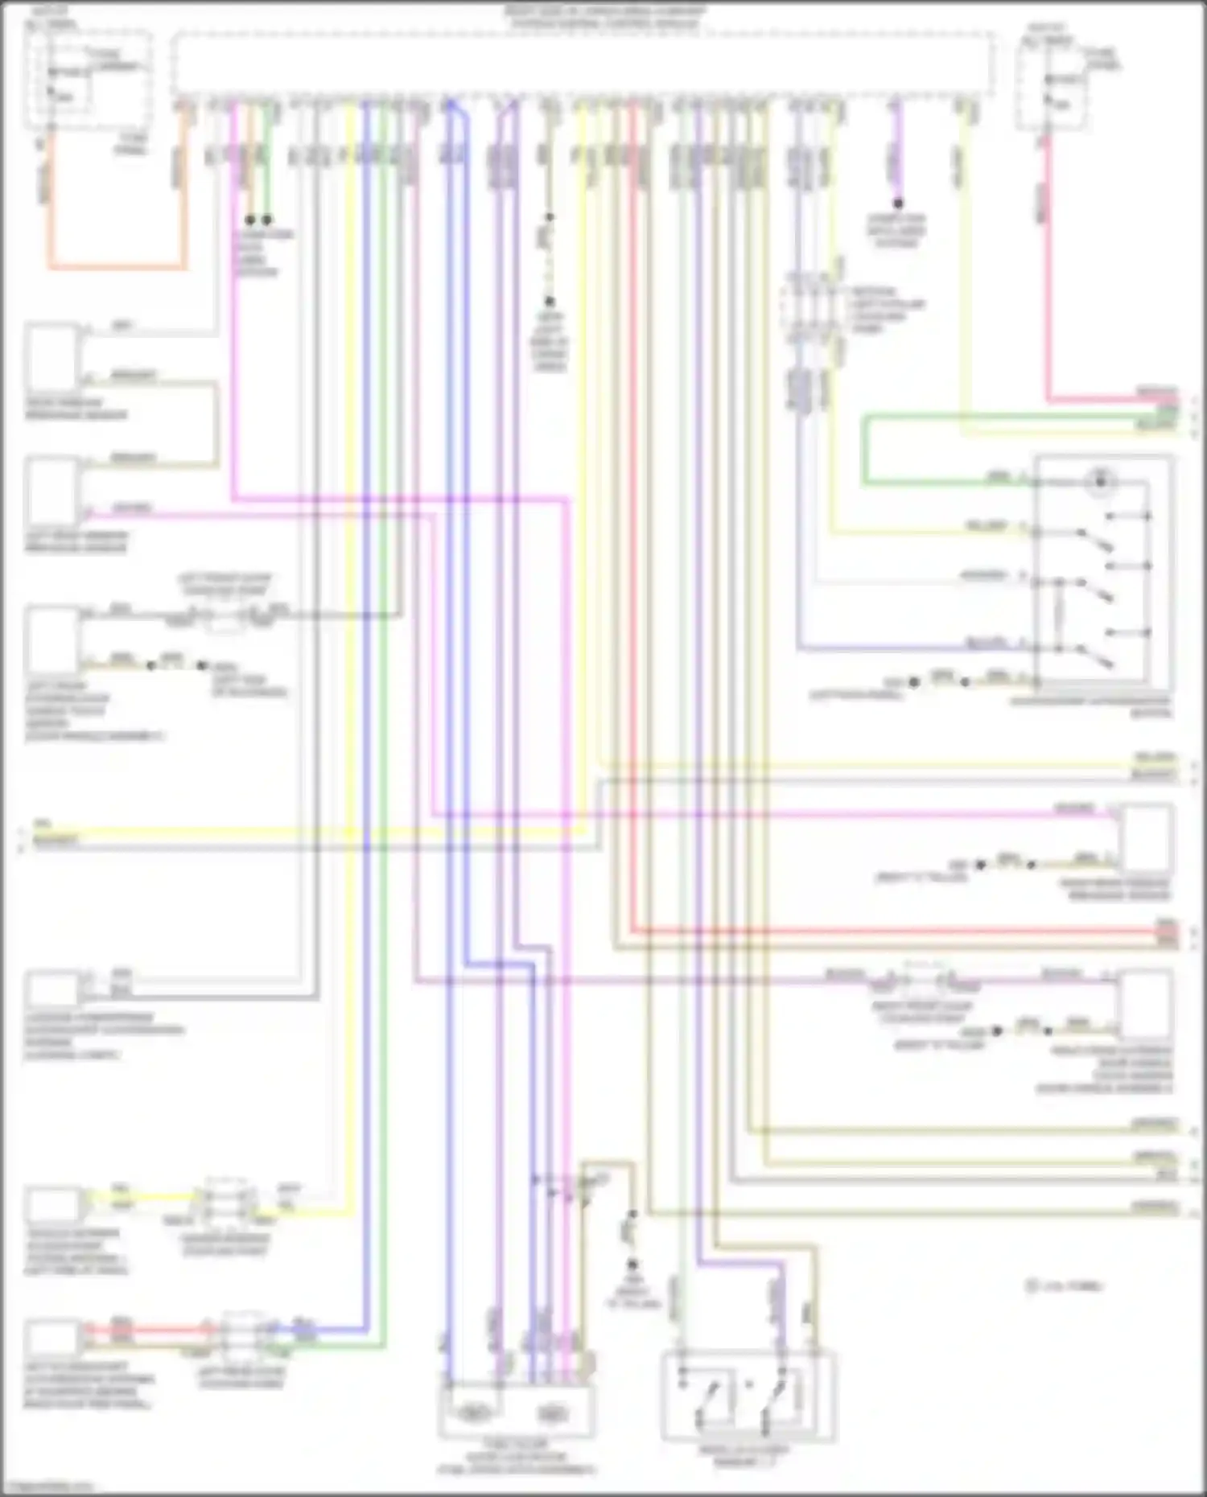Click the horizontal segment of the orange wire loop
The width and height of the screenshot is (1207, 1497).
click(x=117, y=266)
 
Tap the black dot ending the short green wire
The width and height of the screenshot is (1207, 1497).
click(x=267, y=220)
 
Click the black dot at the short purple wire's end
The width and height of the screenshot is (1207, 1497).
click(x=897, y=204)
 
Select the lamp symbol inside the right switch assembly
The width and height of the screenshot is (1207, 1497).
click(x=1099, y=482)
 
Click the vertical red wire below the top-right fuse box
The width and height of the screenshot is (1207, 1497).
click(x=1048, y=265)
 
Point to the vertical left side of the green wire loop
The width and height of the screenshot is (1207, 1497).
click(x=864, y=450)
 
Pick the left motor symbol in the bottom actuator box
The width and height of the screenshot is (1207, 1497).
click(x=474, y=1413)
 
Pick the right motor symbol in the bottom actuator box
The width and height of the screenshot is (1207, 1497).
click(x=551, y=1413)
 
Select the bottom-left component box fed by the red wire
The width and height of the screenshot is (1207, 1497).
click(x=53, y=1338)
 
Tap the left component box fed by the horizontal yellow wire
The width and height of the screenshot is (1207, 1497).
click(x=53, y=1204)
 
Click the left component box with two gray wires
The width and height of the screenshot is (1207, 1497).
click(x=53, y=986)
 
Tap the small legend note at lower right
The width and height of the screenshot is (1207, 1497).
click(x=1064, y=1286)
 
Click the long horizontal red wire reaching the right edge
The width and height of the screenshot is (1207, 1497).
click(x=885, y=932)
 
